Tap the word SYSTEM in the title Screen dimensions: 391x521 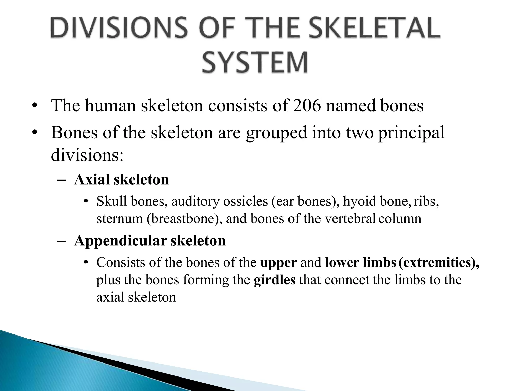click(x=255, y=62)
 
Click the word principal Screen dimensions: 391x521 click(x=411, y=133)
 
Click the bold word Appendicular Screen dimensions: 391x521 click(x=120, y=241)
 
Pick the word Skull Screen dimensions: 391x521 click(x=111, y=201)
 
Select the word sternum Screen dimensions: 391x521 click(x=120, y=218)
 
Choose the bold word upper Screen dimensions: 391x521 click(x=279, y=262)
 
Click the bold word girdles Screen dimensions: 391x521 click(x=274, y=280)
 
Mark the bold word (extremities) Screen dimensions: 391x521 click(x=439, y=262)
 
